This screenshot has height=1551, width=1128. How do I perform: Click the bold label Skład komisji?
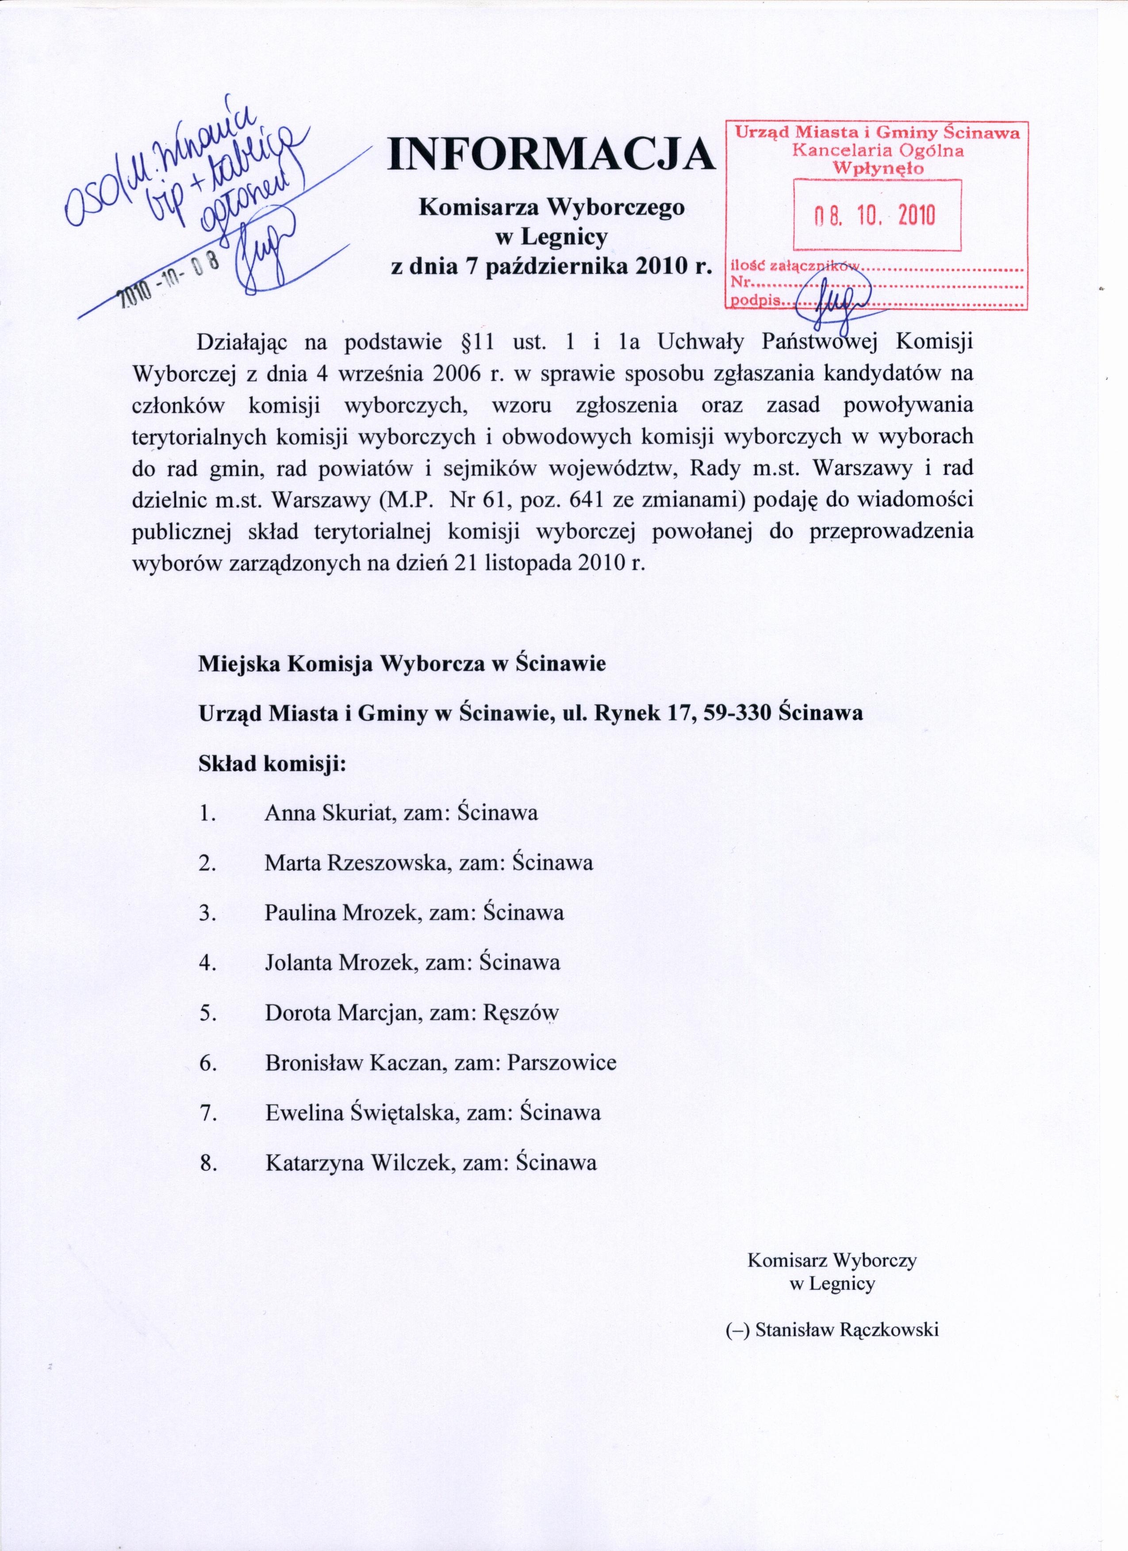[272, 763]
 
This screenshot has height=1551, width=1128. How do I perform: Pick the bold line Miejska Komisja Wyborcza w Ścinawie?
[402, 663]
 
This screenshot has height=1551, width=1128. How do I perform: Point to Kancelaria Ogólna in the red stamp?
[879, 150]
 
